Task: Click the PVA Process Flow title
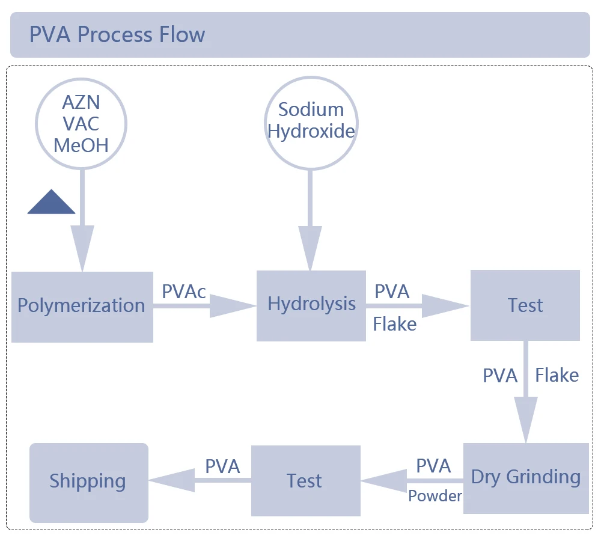coord(117,35)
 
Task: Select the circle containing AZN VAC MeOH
coord(81,123)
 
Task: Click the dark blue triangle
coord(52,203)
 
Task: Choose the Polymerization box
coord(82,307)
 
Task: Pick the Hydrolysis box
coord(311,305)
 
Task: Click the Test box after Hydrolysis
coord(525,305)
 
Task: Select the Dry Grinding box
coord(526,478)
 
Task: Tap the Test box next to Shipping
coord(305,481)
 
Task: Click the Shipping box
coord(88,482)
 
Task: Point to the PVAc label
coord(184,292)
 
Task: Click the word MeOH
coord(81,145)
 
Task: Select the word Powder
coord(435,496)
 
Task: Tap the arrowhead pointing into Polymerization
coord(82,248)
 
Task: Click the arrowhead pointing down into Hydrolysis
coord(310,248)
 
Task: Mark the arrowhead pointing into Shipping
coord(169,480)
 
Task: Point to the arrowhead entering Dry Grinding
coord(526,421)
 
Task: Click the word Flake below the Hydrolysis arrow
coord(394,325)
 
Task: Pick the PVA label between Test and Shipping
coord(222,466)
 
